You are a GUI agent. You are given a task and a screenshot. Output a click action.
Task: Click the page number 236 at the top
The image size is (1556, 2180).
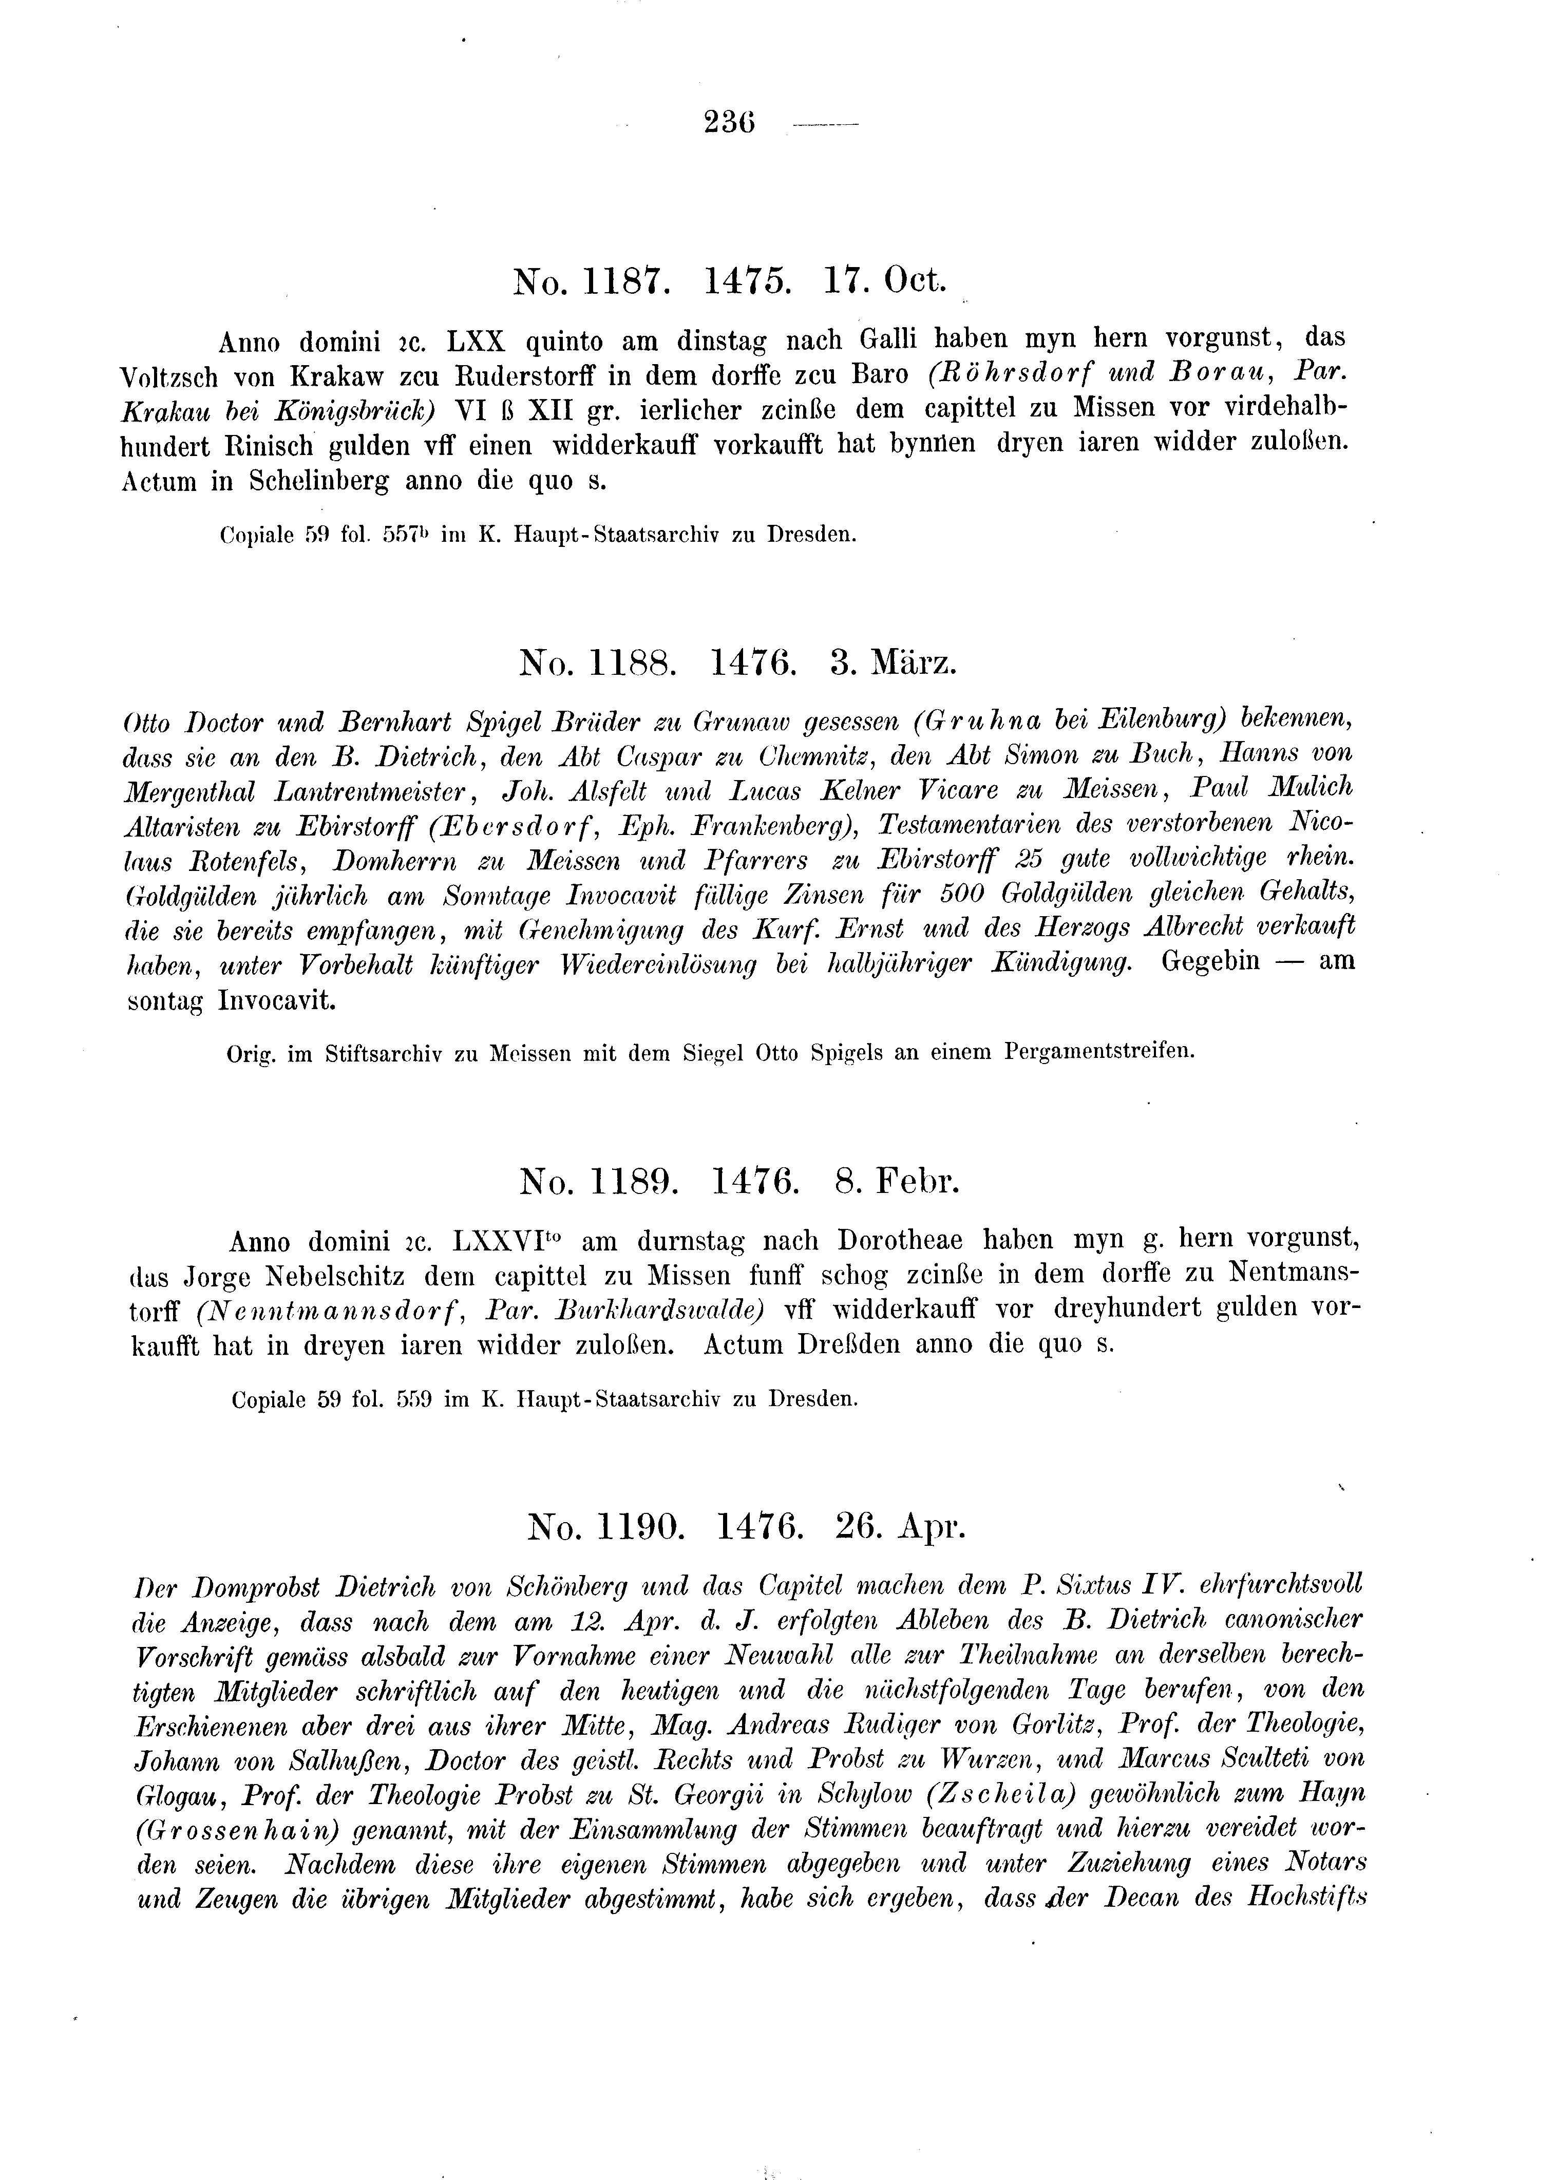(x=729, y=124)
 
